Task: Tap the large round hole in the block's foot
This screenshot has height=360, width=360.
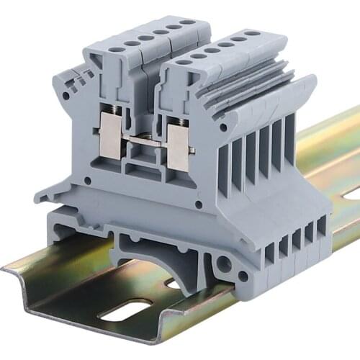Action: pos(224,264)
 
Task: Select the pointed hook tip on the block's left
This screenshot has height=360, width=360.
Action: pos(37,194)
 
